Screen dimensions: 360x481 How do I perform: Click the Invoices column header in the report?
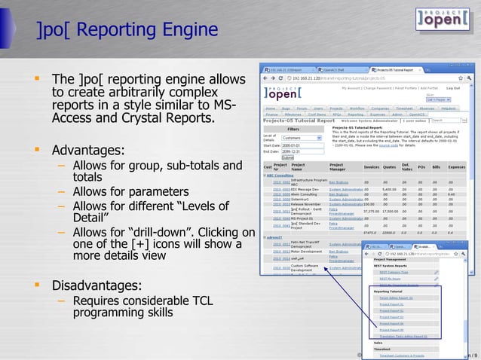click(x=372, y=166)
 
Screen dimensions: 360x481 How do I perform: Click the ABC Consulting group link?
click(x=280, y=175)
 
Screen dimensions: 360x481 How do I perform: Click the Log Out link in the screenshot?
click(x=452, y=88)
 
